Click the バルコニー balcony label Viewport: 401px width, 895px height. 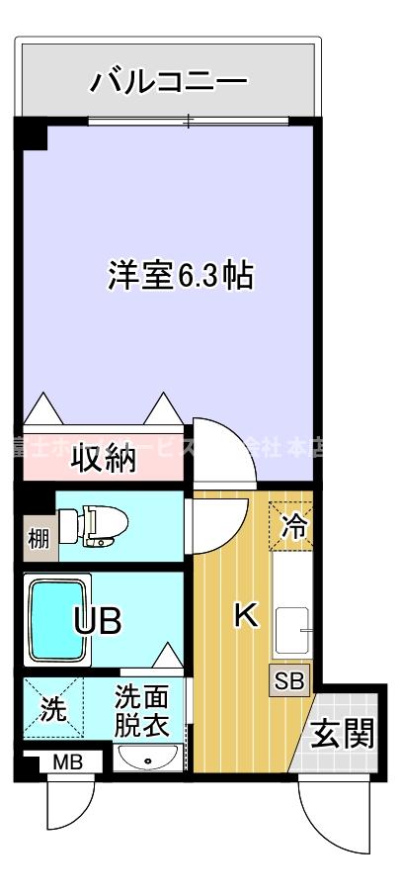pos(168,81)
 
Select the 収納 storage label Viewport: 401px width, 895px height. pos(102,459)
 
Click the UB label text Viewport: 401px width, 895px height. pos(99,621)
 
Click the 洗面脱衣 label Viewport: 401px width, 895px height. pos(140,709)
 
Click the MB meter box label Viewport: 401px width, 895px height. pos(67,761)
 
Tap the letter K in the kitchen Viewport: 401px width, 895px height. pos(244,615)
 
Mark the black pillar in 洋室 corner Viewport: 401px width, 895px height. pos(32,134)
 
